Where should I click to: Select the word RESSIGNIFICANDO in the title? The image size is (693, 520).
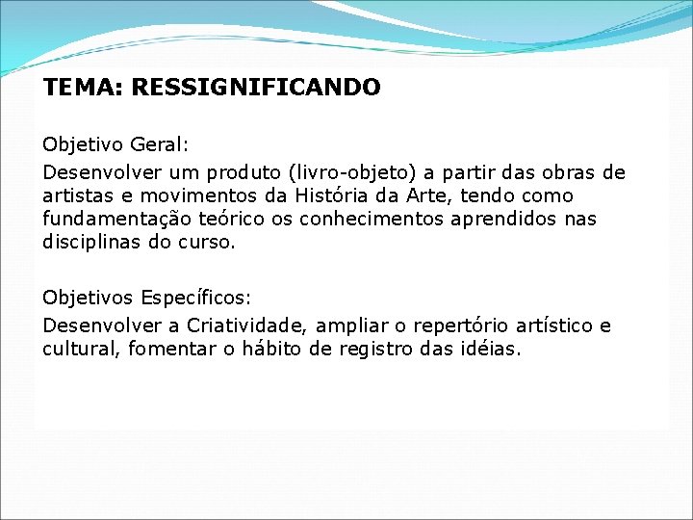256,88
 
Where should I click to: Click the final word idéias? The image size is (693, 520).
485,350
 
